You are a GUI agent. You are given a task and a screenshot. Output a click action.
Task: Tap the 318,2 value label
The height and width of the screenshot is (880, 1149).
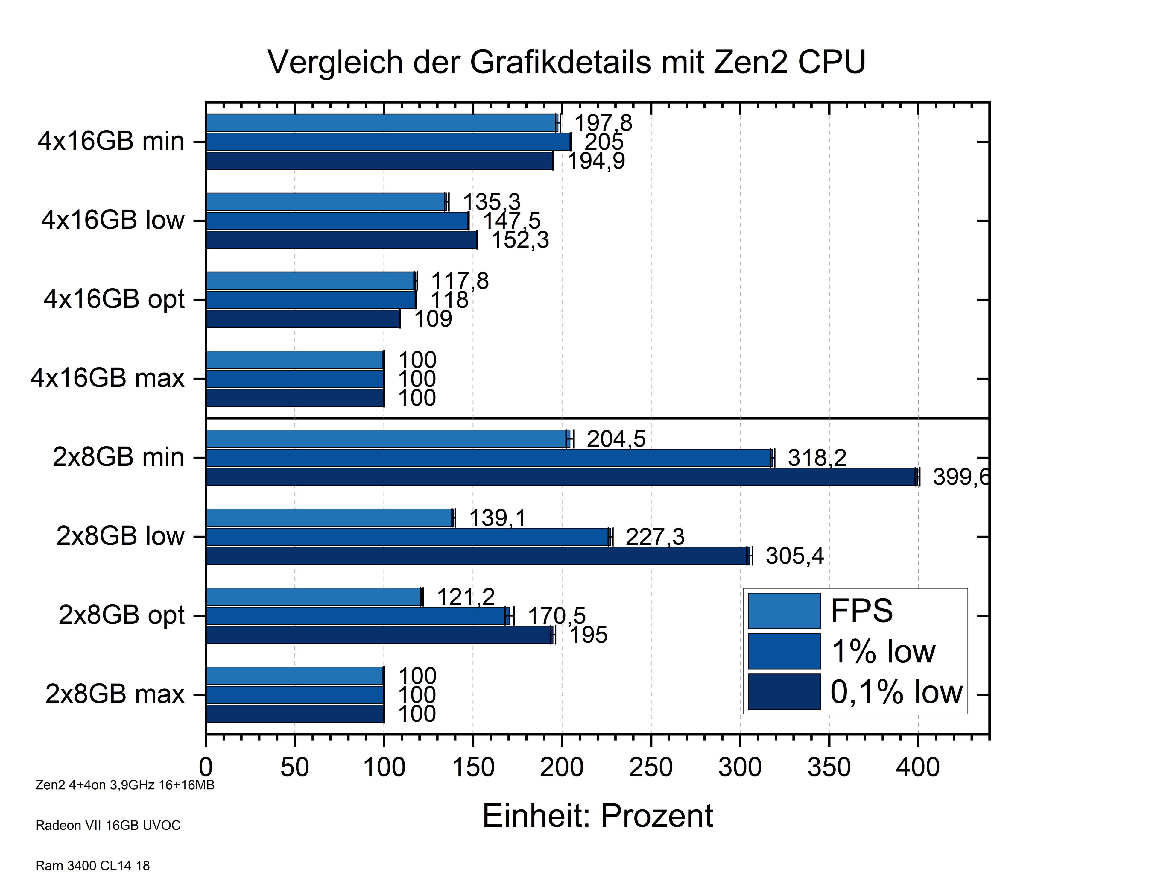[817, 458]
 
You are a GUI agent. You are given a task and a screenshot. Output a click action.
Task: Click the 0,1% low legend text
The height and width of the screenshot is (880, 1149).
[896, 692]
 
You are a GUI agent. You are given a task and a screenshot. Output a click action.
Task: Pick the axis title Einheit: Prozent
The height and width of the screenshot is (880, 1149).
[598, 816]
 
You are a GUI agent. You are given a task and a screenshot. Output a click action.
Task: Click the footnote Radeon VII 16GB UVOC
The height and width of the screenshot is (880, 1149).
[108, 826]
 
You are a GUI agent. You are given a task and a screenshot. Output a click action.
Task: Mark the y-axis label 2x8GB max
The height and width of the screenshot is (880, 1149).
[115, 694]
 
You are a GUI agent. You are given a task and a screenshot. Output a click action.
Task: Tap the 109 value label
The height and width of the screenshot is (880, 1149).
[433, 319]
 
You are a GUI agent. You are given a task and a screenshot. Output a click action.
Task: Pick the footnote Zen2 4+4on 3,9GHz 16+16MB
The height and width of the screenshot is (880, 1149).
[125, 785]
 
